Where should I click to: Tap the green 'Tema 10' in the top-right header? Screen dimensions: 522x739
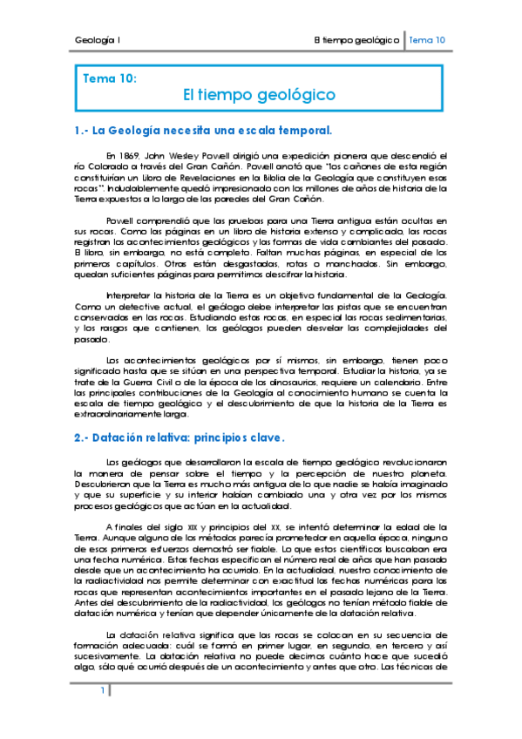pos(428,40)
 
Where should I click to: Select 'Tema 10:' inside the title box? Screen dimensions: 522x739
pos(109,78)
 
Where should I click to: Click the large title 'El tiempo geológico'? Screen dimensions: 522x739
pos(259,94)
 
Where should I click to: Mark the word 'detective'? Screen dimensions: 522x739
pos(142,308)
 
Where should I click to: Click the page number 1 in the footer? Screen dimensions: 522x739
pos(102,691)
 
